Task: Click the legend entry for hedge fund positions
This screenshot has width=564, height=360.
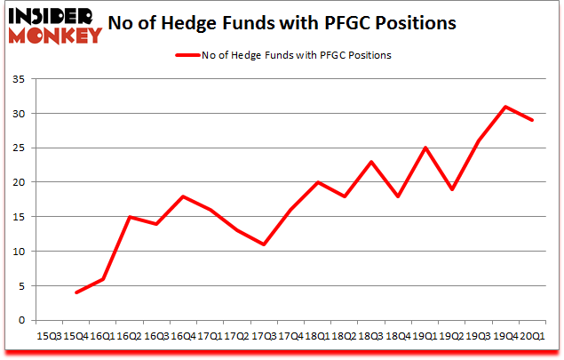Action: [x=285, y=55]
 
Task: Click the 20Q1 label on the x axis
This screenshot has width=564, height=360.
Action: [x=531, y=336]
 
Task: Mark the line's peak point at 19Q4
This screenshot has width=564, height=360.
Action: [x=506, y=107]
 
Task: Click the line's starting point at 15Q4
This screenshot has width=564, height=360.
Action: [x=77, y=292]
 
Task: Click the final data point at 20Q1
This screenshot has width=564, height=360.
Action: [x=531, y=121]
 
